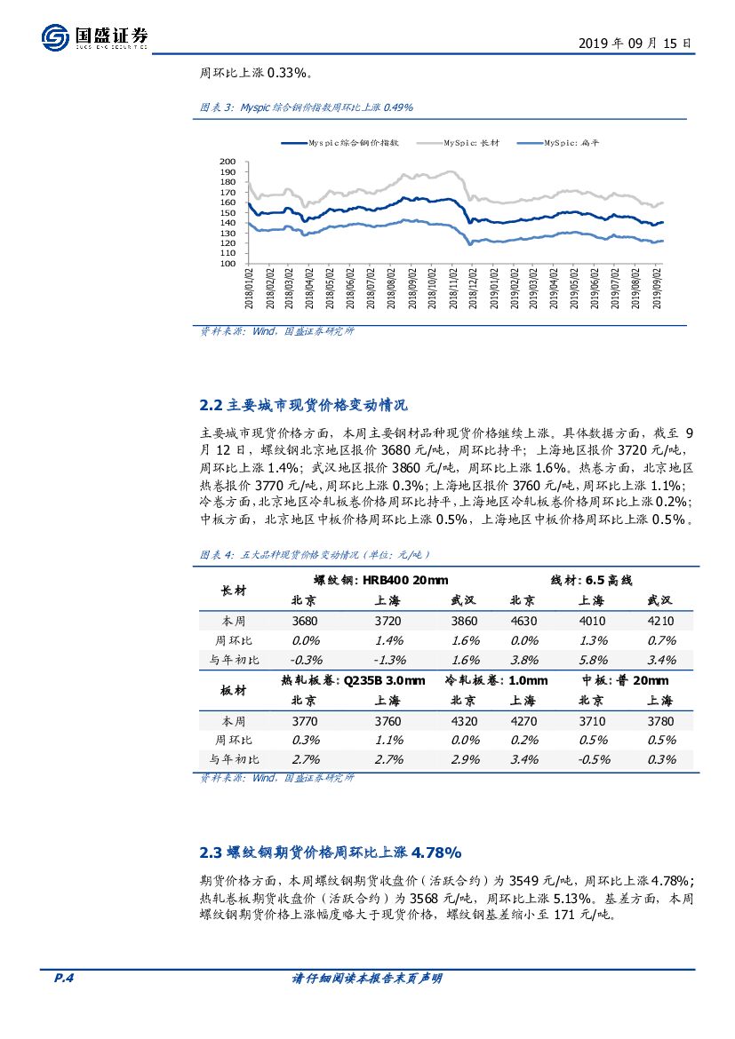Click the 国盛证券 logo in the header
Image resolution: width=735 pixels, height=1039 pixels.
(x=95, y=36)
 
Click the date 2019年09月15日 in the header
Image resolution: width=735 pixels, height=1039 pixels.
(x=635, y=43)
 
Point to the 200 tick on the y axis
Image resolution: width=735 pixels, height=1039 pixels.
(x=228, y=163)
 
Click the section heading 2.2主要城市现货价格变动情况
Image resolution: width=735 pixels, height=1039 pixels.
(x=304, y=406)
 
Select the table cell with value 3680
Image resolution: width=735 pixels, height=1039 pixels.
(x=305, y=622)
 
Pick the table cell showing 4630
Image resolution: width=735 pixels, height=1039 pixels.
(x=522, y=622)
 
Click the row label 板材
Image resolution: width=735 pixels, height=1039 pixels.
(x=234, y=690)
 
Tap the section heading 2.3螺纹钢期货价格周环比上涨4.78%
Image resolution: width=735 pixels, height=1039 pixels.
(x=331, y=853)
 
